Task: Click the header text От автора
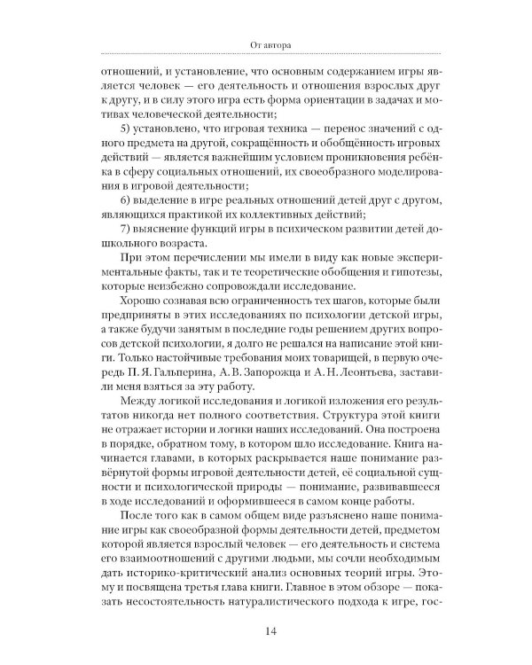[266, 41]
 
